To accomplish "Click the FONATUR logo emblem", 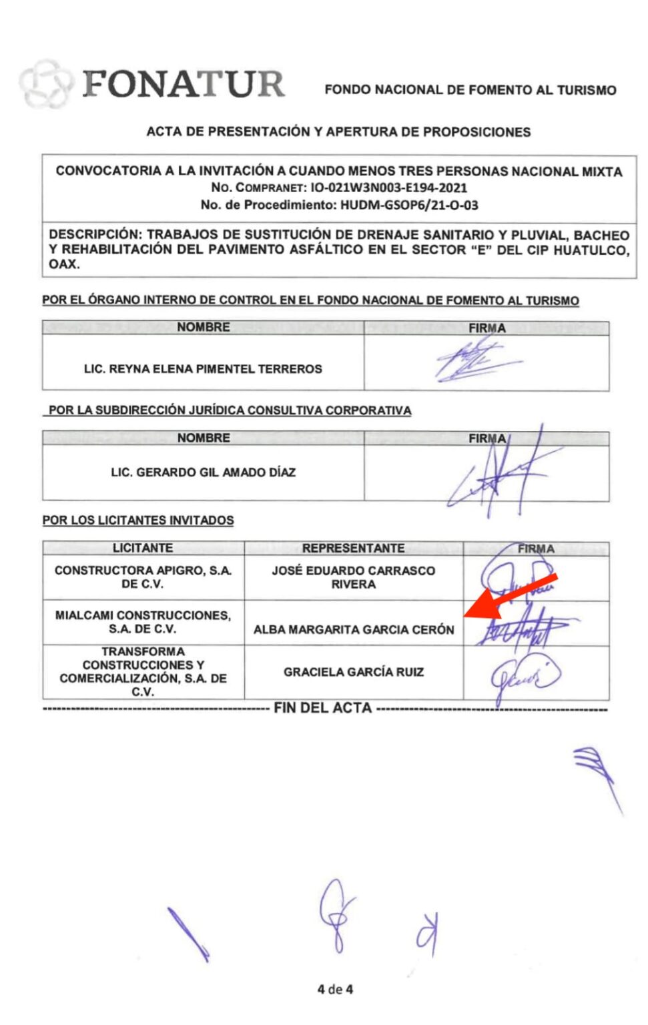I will (44, 83).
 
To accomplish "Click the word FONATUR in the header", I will (184, 84).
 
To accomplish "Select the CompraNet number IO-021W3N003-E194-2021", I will (388, 188).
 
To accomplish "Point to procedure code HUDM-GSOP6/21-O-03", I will (409, 205).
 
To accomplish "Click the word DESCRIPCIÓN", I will (93, 235).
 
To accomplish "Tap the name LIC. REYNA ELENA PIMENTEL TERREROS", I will (203, 368).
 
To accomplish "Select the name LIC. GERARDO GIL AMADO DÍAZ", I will (203, 472).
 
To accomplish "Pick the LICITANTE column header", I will (143, 548).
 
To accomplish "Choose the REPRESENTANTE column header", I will (353, 548).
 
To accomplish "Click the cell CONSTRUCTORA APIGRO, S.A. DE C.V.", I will (143, 577).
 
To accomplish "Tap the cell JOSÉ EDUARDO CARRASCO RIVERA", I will (353, 577).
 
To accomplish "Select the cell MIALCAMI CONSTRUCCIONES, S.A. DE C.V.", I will (143, 622).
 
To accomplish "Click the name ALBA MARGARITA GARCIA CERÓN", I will (353, 629).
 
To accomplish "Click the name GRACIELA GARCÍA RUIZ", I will (353, 672).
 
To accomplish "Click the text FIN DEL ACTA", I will (322, 708).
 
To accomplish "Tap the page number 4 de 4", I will (335, 989).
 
